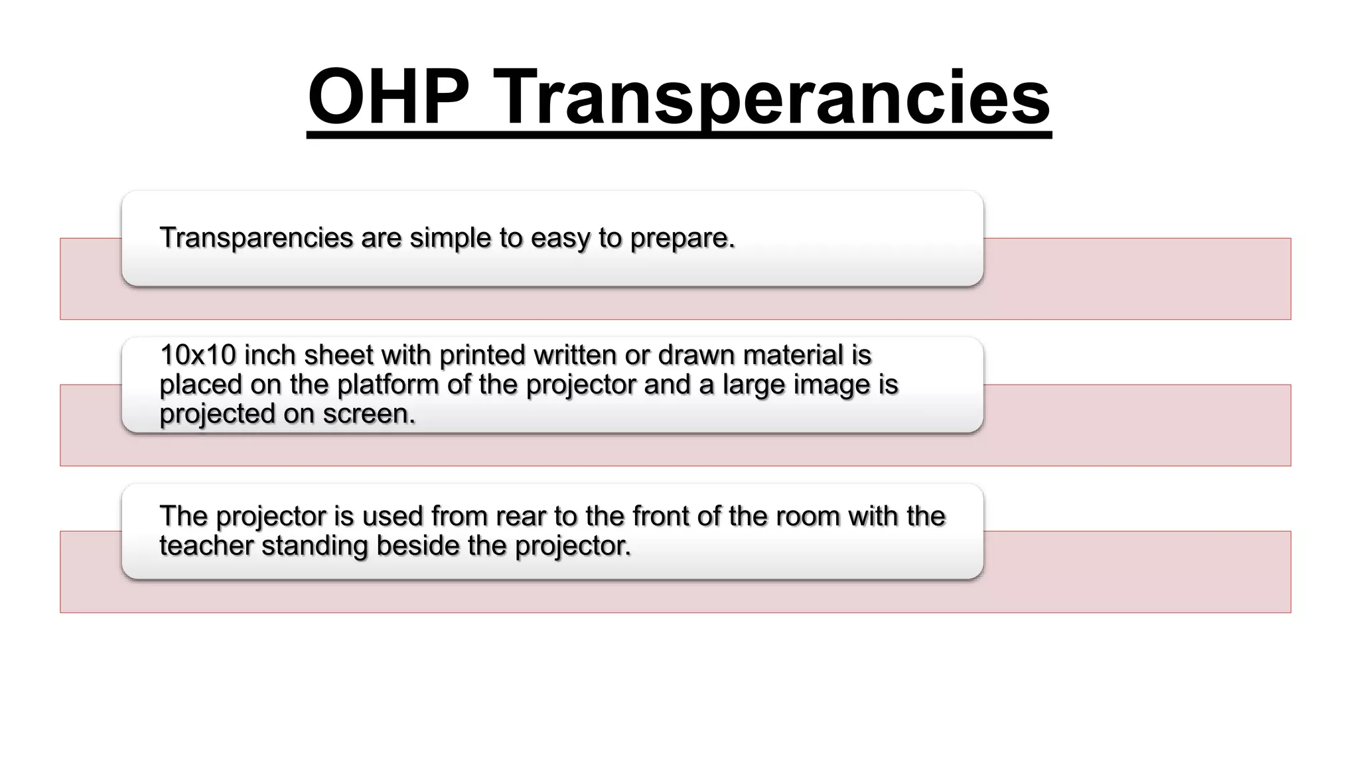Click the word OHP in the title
pos(388,97)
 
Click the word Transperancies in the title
pos(771,97)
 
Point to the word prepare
pos(682,237)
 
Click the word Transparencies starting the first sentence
pos(256,237)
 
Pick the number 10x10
pos(198,355)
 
